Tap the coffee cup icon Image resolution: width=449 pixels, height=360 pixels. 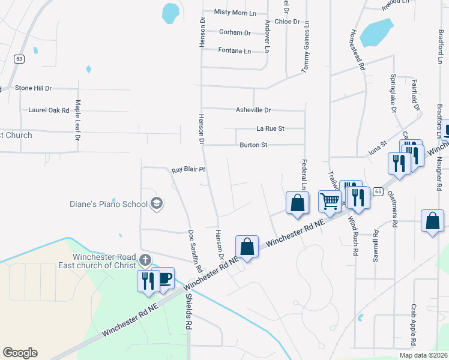click(x=164, y=278)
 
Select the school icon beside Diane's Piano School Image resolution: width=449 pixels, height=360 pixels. click(x=157, y=203)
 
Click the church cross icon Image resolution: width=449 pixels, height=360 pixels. click(x=144, y=260)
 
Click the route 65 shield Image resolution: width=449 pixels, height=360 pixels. click(x=378, y=191)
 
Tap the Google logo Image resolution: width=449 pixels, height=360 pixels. click(x=20, y=353)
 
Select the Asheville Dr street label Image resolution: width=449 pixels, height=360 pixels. click(x=253, y=110)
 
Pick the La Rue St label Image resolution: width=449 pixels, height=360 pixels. click(x=270, y=128)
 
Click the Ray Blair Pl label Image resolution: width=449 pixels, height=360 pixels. click(x=189, y=170)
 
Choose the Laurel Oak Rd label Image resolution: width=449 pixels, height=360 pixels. click(x=49, y=110)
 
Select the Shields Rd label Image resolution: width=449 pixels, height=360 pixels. click(x=188, y=312)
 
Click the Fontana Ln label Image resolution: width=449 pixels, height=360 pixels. click(x=235, y=51)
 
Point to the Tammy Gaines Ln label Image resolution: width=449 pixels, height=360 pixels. click(x=306, y=47)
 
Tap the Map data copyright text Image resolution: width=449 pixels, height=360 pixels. click(x=423, y=355)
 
